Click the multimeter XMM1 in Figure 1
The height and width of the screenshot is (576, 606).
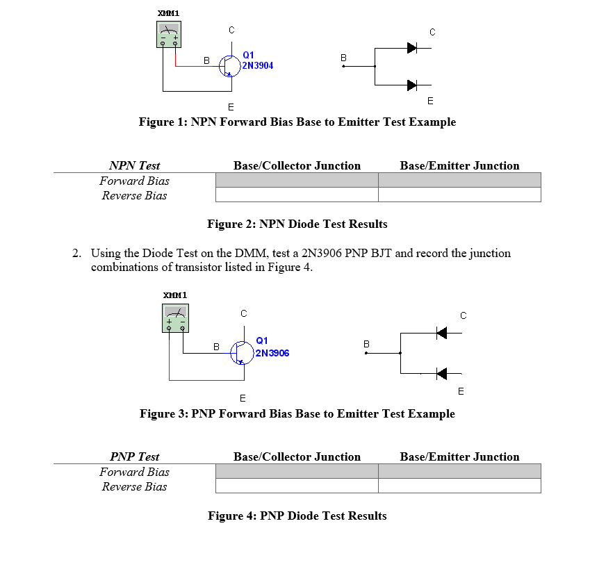(x=168, y=34)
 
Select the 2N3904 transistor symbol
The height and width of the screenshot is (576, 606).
(x=229, y=65)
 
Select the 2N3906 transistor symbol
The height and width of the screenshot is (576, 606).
(x=241, y=352)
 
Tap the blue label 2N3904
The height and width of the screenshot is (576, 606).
(x=258, y=66)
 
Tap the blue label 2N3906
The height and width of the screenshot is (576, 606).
(x=272, y=353)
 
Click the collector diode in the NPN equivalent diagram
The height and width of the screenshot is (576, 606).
(x=411, y=48)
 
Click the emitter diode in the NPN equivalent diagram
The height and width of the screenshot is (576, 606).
(x=411, y=85)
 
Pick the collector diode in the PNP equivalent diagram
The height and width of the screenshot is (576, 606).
(x=441, y=333)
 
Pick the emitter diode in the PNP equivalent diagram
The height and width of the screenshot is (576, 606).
(x=441, y=374)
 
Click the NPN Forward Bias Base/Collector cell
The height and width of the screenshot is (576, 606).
(x=297, y=181)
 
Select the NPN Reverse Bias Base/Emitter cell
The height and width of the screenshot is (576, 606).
(x=459, y=195)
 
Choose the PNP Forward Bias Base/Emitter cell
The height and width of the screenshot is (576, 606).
(x=459, y=472)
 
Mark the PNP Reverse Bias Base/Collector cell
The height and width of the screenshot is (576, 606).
(x=297, y=486)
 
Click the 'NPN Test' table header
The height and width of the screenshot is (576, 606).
(x=134, y=165)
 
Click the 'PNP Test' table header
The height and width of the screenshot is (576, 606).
(x=134, y=456)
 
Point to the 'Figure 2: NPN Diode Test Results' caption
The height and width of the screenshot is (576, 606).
(x=297, y=224)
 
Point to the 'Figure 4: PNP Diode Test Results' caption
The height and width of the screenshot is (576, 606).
(x=297, y=516)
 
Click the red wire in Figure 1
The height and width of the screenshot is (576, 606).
(x=176, y=58)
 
